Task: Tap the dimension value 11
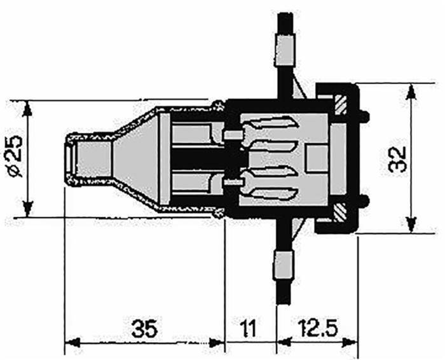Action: (249, 329)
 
